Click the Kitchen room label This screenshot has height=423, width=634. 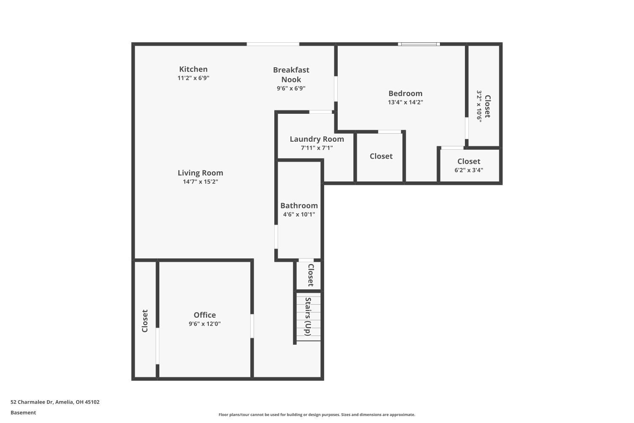click(193, 69)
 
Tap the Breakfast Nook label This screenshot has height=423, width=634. click(291, 74)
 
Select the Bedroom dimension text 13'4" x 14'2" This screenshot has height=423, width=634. click(405, 102)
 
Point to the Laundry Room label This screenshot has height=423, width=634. click(317, 139)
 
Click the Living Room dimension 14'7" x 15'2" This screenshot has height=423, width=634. click(200, 182)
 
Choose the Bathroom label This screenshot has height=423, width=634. click(299, 206)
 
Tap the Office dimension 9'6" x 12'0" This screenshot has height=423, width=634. click(205, 324)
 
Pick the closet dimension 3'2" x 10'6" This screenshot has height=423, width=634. click(479, 106)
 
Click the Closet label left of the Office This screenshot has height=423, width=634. click(145, 321)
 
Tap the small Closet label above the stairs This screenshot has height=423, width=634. click(310, 275)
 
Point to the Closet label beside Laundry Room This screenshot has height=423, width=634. click(381, 156)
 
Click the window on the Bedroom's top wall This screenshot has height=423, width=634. click(419, 44)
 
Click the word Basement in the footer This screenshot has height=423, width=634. click(23, 413)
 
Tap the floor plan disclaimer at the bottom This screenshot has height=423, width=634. click(317, 415)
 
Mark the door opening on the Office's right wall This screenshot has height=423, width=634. click(252, 326)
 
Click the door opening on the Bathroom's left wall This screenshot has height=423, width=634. click(276, 237)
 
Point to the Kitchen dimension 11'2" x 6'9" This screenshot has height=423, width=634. click(193, 78)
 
